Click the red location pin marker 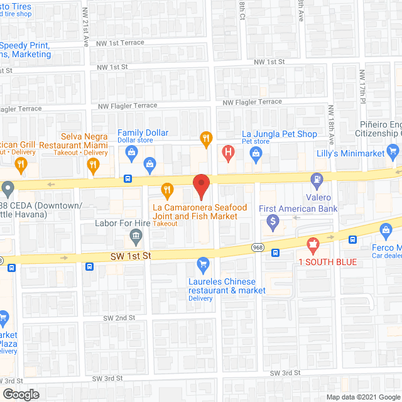(200, 185)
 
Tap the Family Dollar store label (143, 133)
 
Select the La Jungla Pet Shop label (280, 134)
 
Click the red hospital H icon (228, 152)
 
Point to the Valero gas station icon (318, 180)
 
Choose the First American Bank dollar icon (273, 221)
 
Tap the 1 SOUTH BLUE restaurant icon (310, 244)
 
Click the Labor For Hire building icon (135, 237)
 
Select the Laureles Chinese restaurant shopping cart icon (202, 264)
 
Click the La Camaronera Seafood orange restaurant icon (167, 188)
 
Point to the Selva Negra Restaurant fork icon (93, 165)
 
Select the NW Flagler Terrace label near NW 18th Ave (253, 102)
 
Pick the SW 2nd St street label (119, 318)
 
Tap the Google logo (20, 394)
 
